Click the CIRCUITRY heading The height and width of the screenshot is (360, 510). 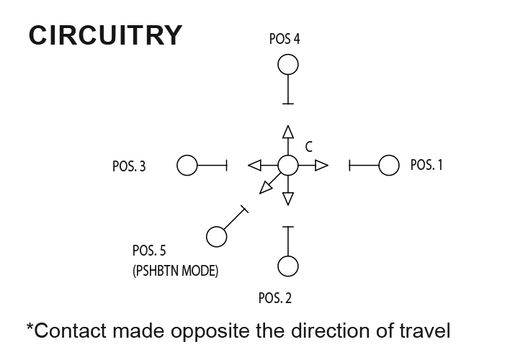pos(105,35)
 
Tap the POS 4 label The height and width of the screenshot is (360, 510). pos(285,39)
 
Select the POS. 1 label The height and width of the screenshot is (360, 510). pos(426,165)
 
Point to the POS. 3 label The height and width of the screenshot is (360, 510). pos(129,166)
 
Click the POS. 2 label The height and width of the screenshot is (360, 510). pos(274,297)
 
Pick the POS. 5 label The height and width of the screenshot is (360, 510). pos(149,251)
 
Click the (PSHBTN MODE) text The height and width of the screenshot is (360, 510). pos(176,272)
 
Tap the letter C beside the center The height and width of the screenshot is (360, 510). pos(308,147)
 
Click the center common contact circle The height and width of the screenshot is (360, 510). pos(288,166)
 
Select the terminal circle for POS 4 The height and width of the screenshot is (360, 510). pos(288,66)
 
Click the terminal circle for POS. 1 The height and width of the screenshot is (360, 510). pos(389,166)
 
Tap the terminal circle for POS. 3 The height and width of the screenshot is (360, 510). pos(187,166)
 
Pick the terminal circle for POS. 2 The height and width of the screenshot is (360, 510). pos(288,266)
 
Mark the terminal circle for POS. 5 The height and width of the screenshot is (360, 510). pos(215,236)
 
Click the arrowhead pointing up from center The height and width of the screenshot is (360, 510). pos(288,132)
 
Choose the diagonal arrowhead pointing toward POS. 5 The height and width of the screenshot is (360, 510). pos(266,188)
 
